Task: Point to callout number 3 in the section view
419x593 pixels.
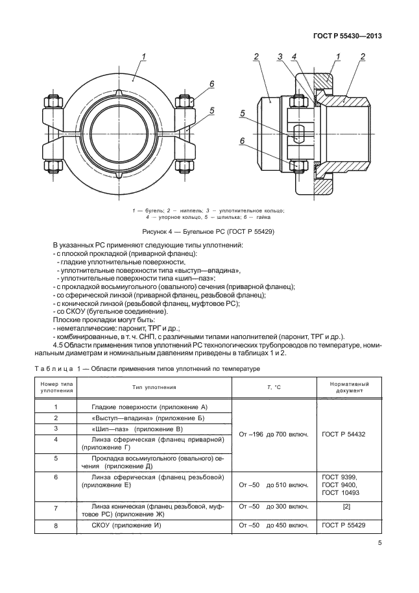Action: point(280,57)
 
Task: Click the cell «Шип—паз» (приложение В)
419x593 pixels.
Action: point(138,429)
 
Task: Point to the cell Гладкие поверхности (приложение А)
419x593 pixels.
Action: point(144,406)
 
